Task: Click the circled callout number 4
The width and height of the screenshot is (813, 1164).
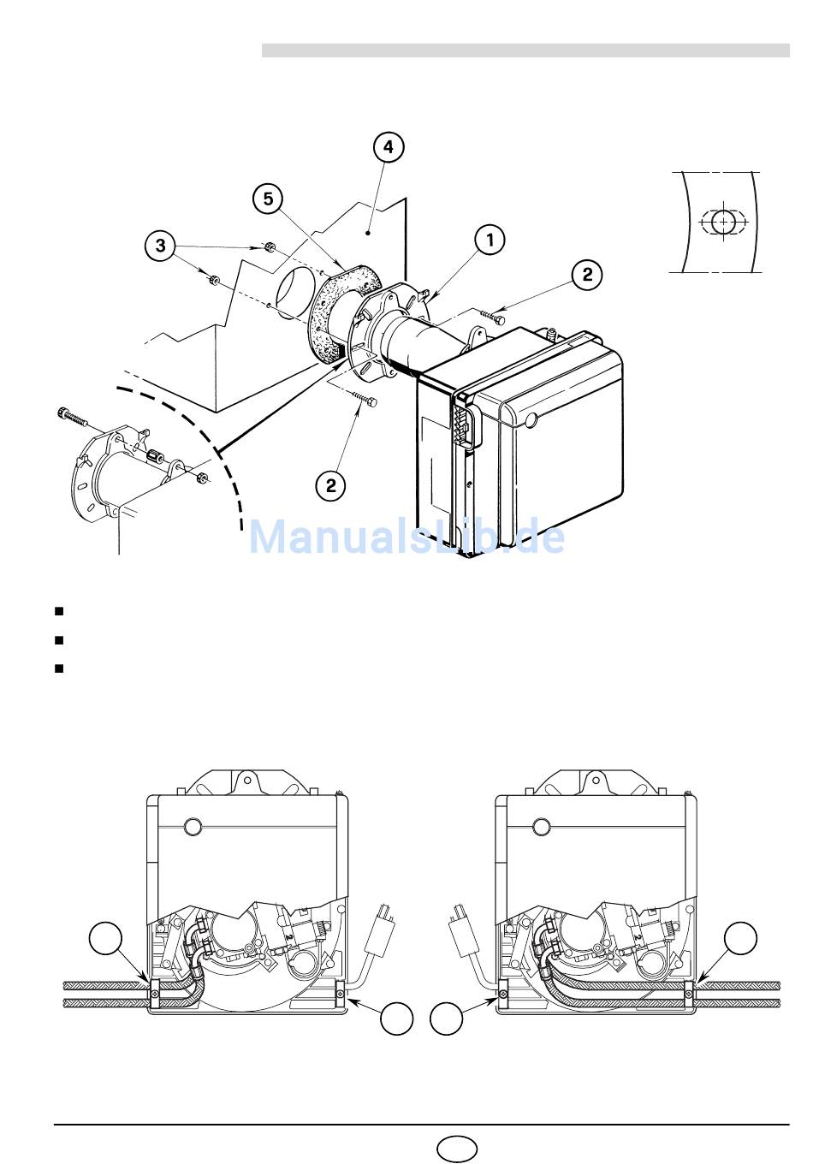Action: click(x=389, y=147)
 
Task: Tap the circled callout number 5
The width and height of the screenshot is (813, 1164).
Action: click(x=268, y=199)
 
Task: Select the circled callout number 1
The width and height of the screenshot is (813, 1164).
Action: click(x=490, y=240)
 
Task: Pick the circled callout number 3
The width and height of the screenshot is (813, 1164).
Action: click(x=161, y=246)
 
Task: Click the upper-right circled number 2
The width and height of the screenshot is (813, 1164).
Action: click(x=587, y=274)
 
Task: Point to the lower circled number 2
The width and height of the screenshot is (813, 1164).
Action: click(x=331, y=485)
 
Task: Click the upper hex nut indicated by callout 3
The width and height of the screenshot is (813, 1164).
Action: click(x=269, y=246)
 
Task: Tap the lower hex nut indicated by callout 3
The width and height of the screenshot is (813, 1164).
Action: click(x=213, y=281)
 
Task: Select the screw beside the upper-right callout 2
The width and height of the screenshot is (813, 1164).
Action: click(x=493, y=316)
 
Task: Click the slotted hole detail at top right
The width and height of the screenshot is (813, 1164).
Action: click(x=722, y=222)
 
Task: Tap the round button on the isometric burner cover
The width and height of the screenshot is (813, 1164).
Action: click(x=531, y=420)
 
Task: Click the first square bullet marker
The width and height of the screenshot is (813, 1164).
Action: click(x=59, y=611)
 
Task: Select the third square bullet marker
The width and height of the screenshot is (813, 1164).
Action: click(x=59, y=668)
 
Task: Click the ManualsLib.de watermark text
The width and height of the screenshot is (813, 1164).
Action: click(x=406, y=537)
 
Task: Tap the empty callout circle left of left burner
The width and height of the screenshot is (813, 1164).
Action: click(x=105, y=938)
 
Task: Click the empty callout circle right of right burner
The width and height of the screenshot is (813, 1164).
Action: click(x=740, y=938)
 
